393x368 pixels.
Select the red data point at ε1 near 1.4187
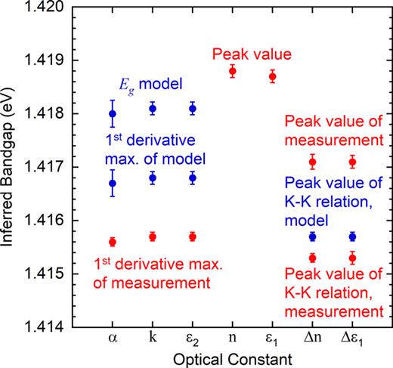pos(273,76)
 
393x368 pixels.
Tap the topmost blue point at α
pos(113,114)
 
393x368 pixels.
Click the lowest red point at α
pos(113,242)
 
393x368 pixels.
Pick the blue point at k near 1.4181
pos(153,109)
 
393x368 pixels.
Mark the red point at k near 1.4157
pos(153,237)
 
